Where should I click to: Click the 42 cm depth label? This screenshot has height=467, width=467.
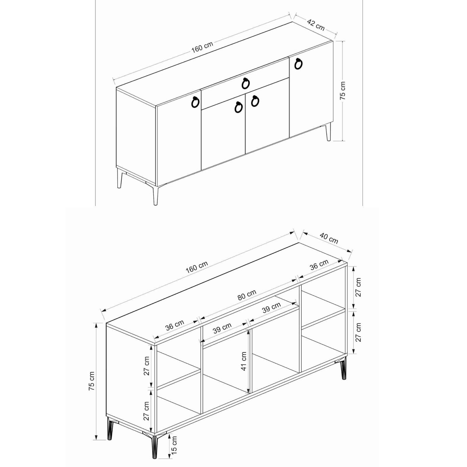point(316,25)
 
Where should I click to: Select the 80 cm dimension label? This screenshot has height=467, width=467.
point(247,295)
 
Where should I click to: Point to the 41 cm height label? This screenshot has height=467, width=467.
point(244,361)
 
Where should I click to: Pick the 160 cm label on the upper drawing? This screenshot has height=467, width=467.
point(202,47)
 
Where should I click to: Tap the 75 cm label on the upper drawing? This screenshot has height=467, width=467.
point(343,90)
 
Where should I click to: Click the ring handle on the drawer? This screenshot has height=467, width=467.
point(246,84)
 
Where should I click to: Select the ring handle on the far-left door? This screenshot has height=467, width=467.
point(195,101)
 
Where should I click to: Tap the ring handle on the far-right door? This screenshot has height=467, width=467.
point(298,64)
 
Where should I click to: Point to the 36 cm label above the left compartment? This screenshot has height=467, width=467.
point(175,325)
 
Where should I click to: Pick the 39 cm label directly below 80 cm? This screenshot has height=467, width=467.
point(271,307)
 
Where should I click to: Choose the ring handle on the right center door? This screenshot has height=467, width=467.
point(255,101)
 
